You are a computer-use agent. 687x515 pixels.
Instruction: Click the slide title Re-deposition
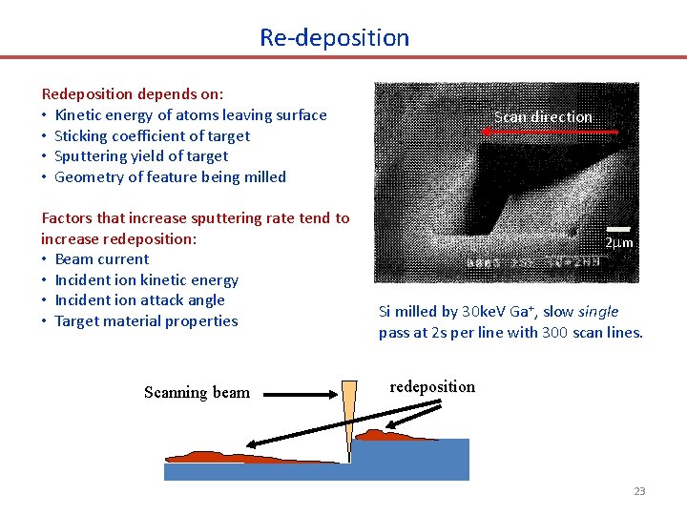(x=334, y=38)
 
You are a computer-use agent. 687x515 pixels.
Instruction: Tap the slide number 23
(x=639, y=491)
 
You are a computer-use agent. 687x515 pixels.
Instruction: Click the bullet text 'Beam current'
(x=101, y=259)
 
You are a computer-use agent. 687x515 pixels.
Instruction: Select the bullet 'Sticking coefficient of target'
(x=152, y=135)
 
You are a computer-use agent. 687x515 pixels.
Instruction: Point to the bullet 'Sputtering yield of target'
(x=141, y=156)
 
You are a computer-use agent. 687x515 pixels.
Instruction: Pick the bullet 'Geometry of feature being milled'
(x=170, y=176)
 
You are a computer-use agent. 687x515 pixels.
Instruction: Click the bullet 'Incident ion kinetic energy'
(x=146, y=280)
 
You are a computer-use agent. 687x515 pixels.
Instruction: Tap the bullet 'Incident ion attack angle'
(x=139, y=300)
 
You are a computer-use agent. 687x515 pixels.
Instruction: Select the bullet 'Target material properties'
(x=146, y=321)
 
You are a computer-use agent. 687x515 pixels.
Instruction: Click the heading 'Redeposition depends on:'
(x=133, y=94)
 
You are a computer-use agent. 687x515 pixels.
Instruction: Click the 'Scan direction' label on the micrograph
(x=543, y=117)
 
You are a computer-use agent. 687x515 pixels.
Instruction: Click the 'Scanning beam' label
(x=197, y=393)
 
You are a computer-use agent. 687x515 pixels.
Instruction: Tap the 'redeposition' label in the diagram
(x=432, y=386)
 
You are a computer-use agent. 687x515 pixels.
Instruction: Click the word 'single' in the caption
(x=597, y=312)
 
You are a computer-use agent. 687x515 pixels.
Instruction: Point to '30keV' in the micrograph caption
(x=480, y=312)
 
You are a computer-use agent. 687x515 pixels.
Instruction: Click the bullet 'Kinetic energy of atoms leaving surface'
(x=191, y=115)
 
